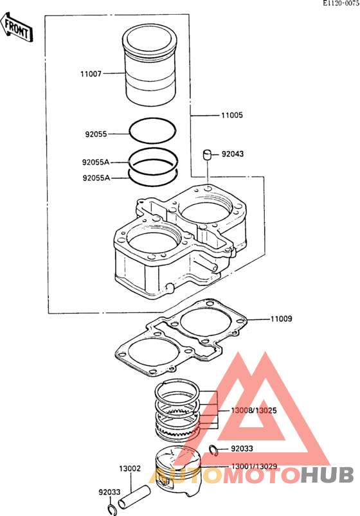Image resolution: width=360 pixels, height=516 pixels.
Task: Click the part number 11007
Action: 91,74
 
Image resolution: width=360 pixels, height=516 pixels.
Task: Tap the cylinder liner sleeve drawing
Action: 150,65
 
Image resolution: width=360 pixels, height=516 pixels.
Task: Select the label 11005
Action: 232,115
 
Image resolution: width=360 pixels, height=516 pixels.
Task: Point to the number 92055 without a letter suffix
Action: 96,134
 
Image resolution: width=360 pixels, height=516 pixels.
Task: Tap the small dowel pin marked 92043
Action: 208,155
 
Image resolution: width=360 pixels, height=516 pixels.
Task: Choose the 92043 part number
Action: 233,154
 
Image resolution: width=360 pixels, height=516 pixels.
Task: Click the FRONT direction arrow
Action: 17,28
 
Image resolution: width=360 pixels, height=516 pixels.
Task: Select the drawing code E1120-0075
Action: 341,3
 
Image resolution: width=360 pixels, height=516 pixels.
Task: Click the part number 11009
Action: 282,319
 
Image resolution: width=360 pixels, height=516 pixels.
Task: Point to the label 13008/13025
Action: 254,411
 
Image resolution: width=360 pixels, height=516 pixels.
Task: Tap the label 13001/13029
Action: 255,467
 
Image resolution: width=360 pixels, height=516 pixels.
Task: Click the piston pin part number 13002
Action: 130,468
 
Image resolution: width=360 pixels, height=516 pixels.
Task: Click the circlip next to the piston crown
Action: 214,450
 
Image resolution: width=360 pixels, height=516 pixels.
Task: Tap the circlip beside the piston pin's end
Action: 111,509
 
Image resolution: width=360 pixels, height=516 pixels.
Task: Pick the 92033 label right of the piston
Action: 242,449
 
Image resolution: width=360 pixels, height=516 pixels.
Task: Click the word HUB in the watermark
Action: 327,475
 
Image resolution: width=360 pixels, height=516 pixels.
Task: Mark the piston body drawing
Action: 178,471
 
